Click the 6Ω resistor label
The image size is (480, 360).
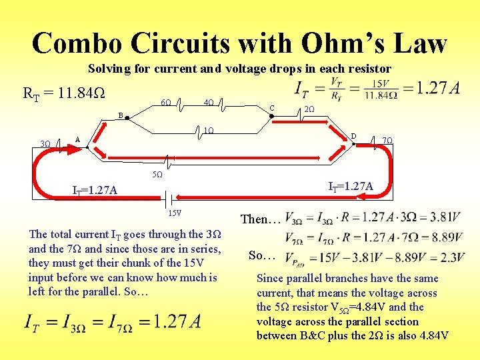166,103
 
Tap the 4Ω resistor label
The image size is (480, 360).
208,103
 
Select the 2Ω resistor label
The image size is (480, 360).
309,109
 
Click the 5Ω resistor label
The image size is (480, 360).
157,175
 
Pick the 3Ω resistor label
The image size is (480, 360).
45,144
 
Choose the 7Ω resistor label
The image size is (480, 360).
387,141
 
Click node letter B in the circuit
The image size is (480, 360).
121,115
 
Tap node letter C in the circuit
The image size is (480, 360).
271,109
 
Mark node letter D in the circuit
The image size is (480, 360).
354,137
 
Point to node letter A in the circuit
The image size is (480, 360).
77,139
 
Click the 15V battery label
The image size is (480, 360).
174,213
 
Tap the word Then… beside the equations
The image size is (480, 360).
260,219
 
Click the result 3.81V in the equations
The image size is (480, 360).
443,217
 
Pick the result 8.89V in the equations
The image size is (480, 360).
443,238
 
